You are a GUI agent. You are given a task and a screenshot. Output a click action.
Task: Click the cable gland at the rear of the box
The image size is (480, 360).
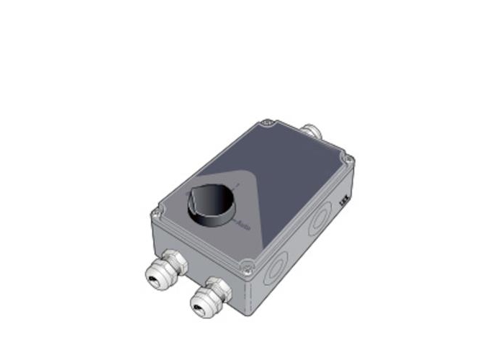click(311, 131)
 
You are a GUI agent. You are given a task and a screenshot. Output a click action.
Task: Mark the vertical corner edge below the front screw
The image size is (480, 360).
click(248, 295)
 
